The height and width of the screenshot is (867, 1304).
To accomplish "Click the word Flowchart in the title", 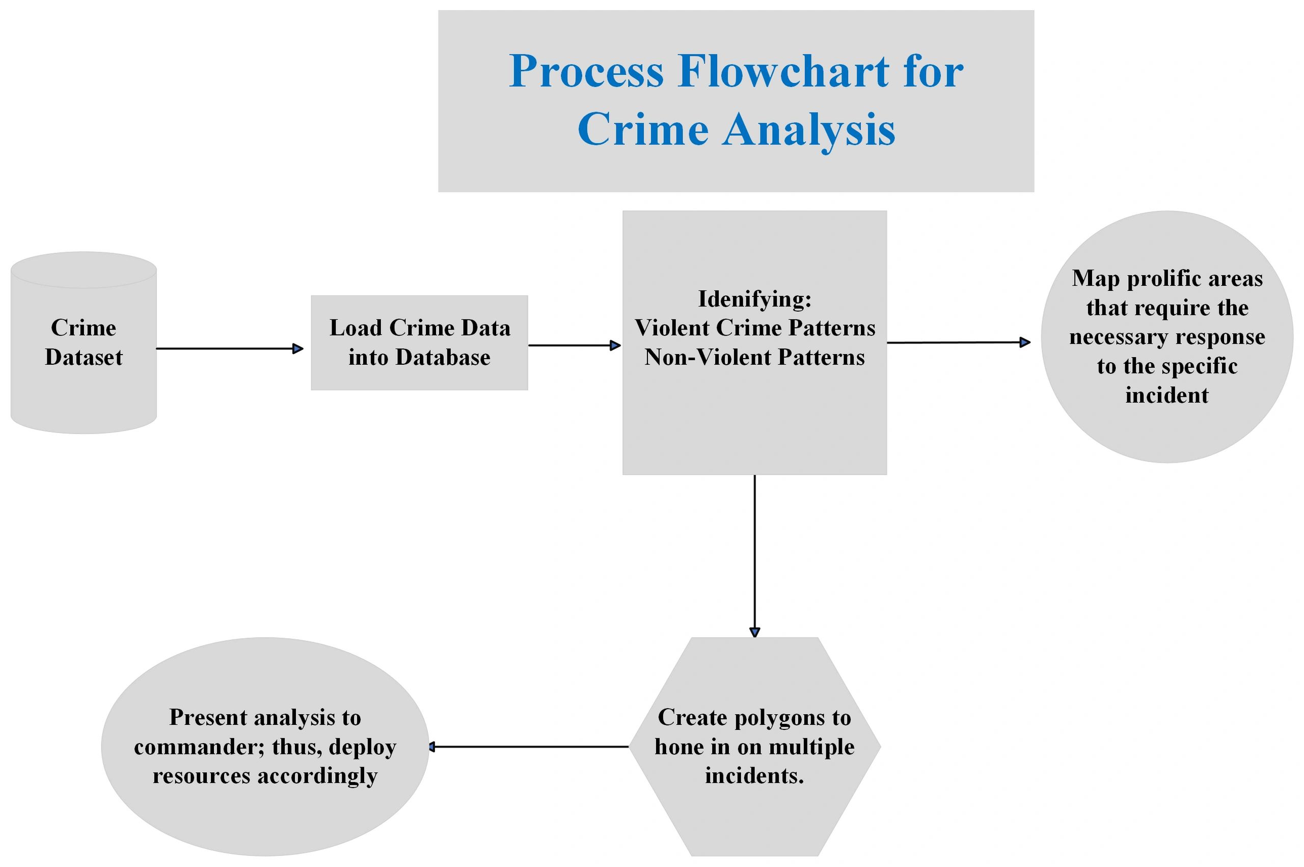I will [784, 72].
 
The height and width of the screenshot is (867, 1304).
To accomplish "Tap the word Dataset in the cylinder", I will [84, 357].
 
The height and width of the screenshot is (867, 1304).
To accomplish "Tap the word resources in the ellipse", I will [201, 776].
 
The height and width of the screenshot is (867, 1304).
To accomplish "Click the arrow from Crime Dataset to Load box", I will [229, 348].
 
